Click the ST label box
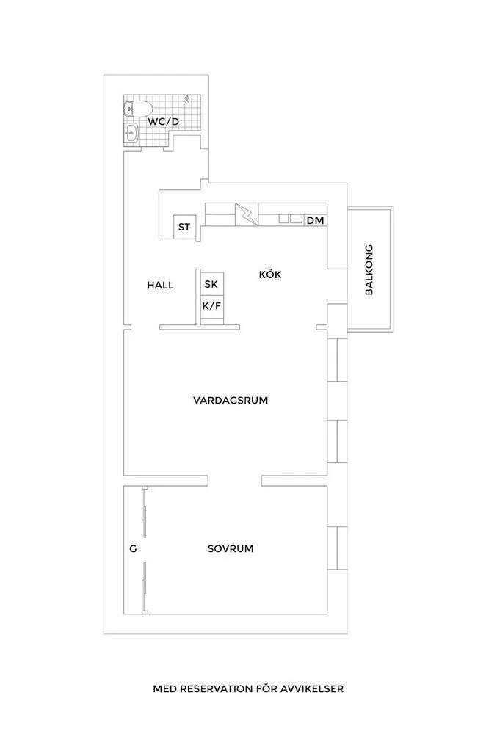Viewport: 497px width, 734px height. point(184,227)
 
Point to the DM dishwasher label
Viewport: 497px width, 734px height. point(316,220)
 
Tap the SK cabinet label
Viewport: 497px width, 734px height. point(211,284)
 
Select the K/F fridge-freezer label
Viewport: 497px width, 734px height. point(211,305)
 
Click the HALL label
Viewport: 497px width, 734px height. point(160,286)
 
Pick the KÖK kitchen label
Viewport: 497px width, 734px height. point(270,275)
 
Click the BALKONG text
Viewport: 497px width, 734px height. point(369,269)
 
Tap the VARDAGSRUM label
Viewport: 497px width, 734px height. point(230,401)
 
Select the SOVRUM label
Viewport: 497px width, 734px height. point(231,548)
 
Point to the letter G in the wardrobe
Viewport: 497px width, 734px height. point(133,549)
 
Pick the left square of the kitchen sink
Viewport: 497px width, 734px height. point(283,218)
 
